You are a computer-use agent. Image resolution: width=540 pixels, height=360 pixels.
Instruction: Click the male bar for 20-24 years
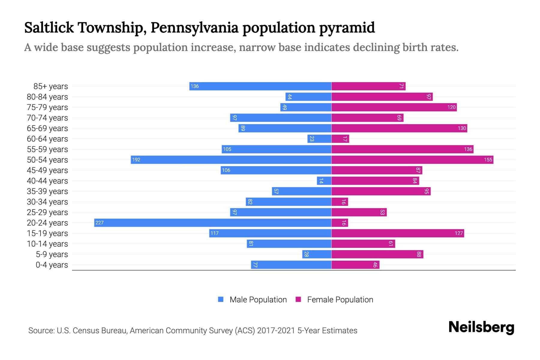pos(213,223)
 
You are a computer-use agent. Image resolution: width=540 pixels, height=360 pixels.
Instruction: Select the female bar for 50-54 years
pos(412,160)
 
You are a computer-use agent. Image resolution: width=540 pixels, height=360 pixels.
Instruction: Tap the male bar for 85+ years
pos(260,86)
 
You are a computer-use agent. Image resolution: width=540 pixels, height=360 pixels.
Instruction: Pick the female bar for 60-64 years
pos(340,139)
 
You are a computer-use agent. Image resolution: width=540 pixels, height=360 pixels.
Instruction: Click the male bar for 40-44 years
pos(324,181)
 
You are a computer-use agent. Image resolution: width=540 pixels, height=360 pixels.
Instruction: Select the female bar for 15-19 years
pos(397,233)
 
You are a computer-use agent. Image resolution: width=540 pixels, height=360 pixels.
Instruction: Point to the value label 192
pos(136,160)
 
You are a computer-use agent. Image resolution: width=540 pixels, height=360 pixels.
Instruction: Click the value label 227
pos(99,223)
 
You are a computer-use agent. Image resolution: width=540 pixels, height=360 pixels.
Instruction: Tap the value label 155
pos(488,160)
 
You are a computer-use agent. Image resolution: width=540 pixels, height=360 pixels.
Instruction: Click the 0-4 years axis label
pos(52,265)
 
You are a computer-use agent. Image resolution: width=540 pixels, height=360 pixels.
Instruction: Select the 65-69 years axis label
pos(47,128)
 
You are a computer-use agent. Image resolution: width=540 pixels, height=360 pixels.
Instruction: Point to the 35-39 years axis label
pos(47,191)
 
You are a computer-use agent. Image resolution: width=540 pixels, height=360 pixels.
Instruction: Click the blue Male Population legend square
pos(221,299)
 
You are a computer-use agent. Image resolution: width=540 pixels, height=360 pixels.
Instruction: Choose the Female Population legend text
pos(340,299)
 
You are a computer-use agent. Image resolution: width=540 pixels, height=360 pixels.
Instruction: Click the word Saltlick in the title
pos(49,28)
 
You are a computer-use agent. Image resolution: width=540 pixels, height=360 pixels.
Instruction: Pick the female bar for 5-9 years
pos(377,254)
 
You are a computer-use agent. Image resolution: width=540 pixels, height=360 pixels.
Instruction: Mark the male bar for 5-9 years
pos(316,254)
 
